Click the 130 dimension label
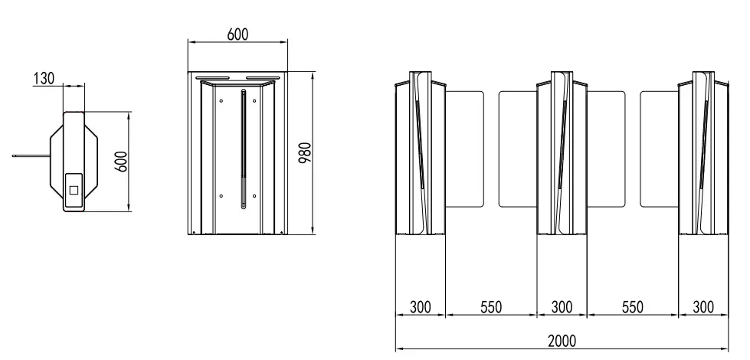point(44,78)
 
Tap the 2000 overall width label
point(562,342)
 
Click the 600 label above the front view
point(237,34)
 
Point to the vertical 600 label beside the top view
point(122,162)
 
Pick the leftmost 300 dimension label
point(421,307)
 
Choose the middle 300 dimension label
point(562,307)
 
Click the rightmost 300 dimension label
point(703,307)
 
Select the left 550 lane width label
point(491,307)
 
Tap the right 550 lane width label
point(632,307)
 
